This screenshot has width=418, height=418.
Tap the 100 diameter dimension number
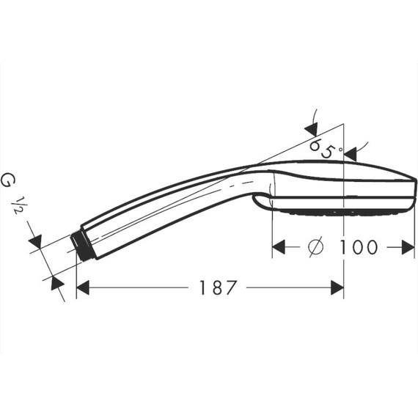coord(359,247)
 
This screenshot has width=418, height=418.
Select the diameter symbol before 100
coord(315,247)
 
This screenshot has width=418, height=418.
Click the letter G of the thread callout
coord(10,178)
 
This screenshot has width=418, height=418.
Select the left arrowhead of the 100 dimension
coord(279,247)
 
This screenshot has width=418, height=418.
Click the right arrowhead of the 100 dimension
coord(409,247)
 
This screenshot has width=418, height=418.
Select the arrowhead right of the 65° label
coord(351,153)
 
